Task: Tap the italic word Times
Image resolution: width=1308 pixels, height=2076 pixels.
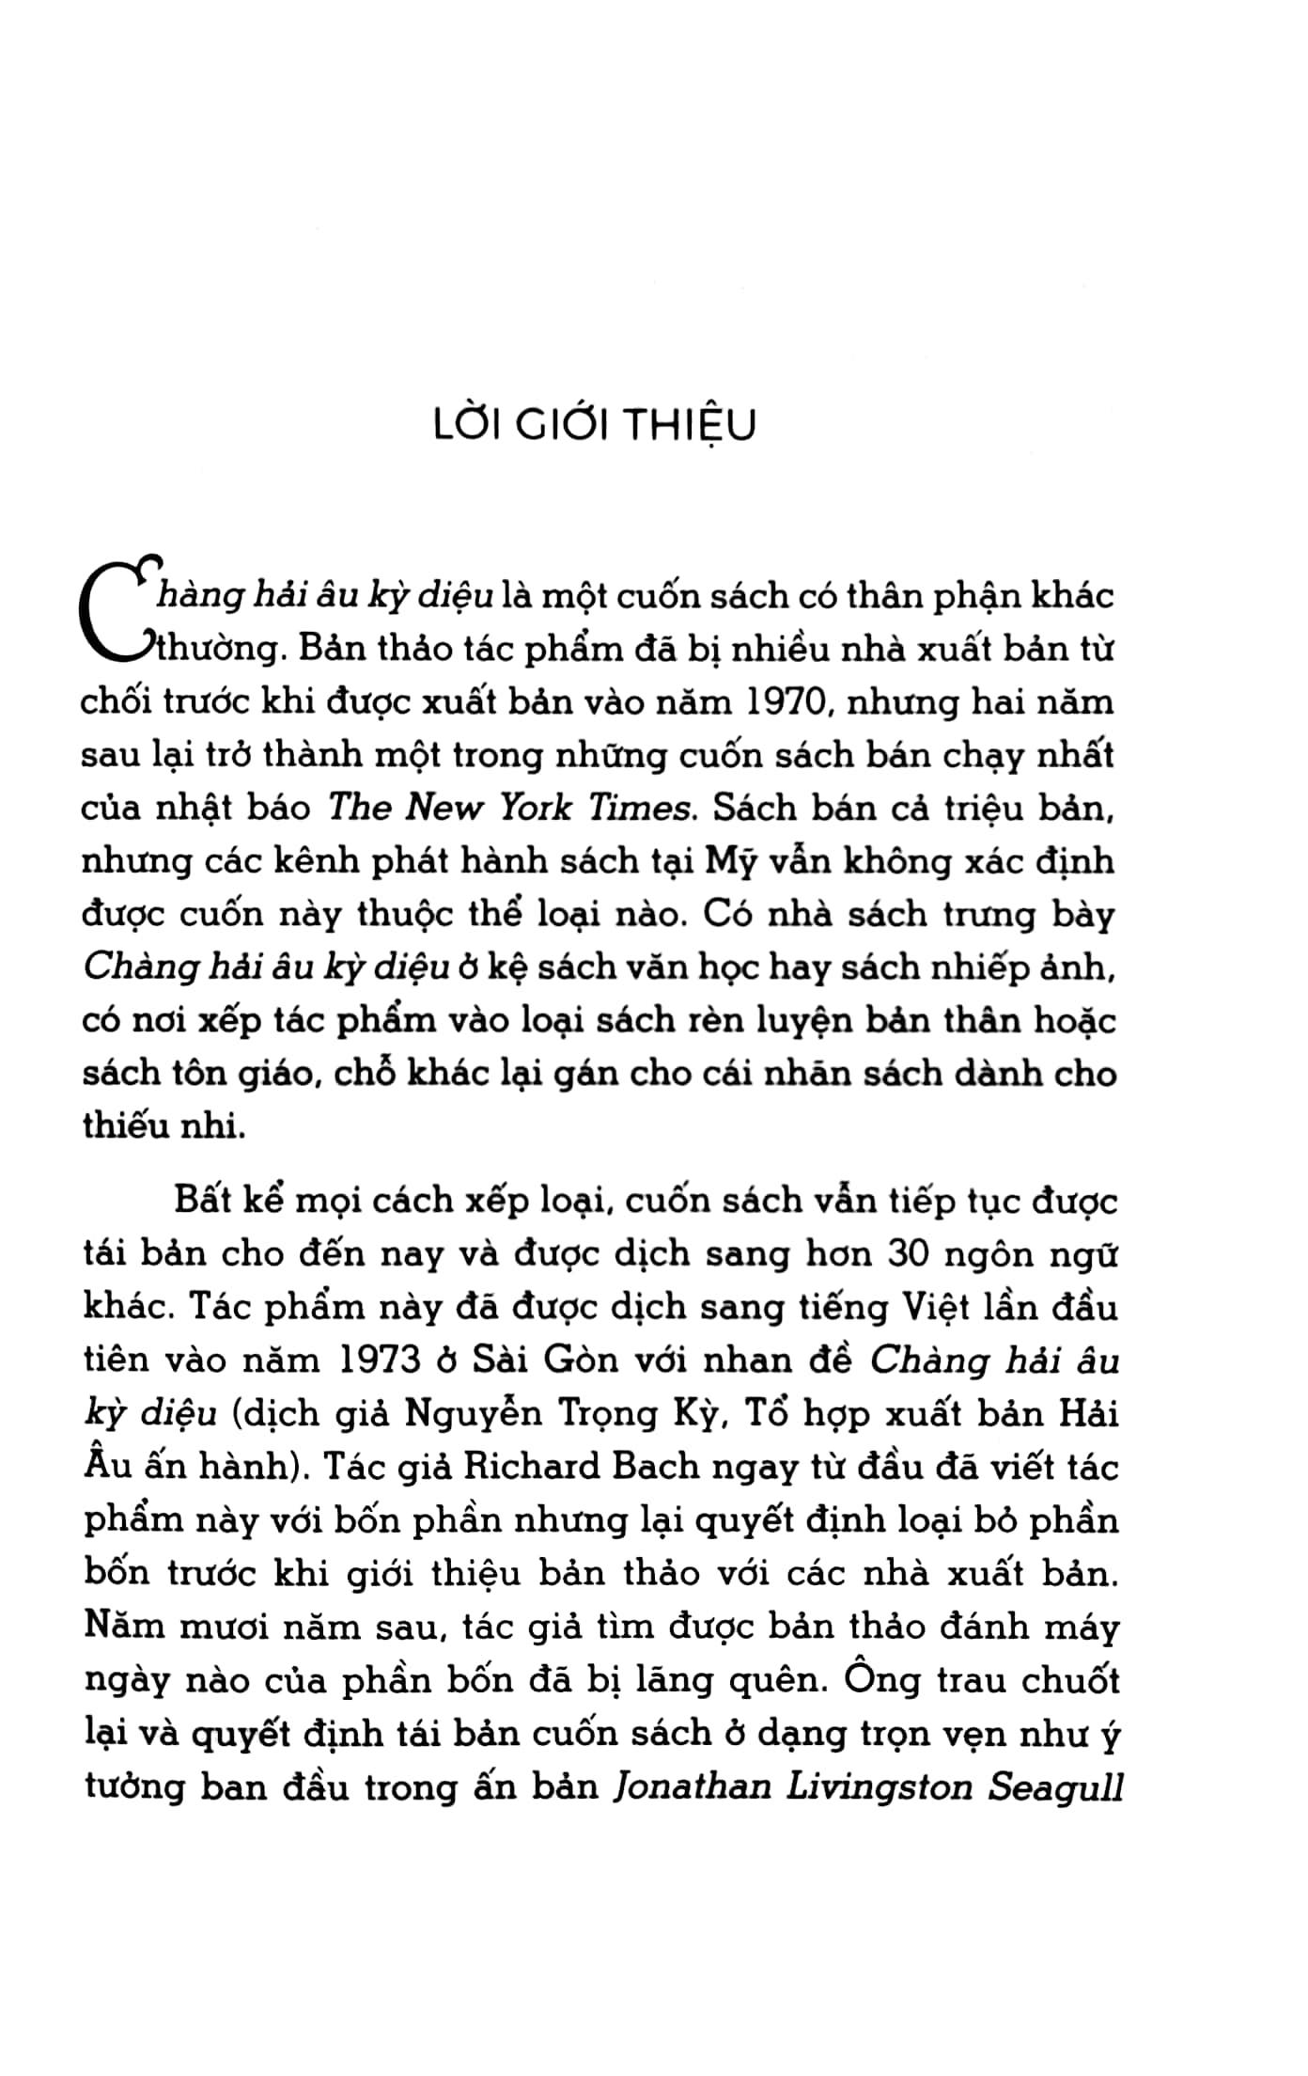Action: (x=641, y=808)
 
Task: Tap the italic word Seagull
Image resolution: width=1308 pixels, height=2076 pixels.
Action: (x=1057, y=1786)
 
